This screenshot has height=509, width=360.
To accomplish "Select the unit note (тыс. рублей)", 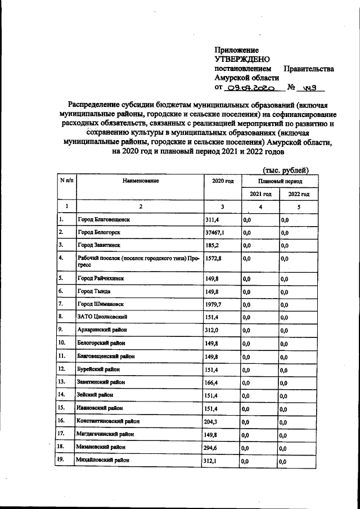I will (286, 169).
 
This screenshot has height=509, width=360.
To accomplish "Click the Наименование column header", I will (139, 181).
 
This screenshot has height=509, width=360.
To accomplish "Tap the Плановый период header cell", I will (280, 182).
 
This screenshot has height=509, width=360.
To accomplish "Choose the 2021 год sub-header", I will (260, 194).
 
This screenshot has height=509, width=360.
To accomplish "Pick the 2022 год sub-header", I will (299, 194).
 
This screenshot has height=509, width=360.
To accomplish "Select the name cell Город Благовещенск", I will (105, 219).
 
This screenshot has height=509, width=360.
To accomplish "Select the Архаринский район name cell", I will (102, 330).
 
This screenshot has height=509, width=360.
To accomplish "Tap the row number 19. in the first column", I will (63, 460).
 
